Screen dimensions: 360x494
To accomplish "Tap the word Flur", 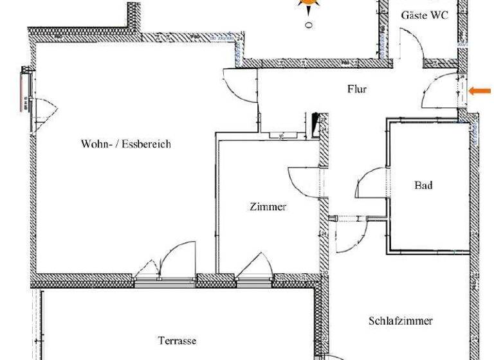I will pyautogui.click(x=356, y=89).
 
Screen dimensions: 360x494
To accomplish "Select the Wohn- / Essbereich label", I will pyautogui.click(x=126, y=144).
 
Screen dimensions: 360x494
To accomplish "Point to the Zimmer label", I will pyautogui.click(x=268, y=207).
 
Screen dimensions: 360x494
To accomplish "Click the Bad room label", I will pyautogui.click(x=423, y=186).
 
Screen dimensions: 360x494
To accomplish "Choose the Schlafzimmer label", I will pyautogui.click(x=401, y=321).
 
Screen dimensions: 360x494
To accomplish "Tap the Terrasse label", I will pyautogui.click(x=177, y=341).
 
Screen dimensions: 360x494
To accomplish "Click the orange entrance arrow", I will pyautogui.click(x=479, y=91).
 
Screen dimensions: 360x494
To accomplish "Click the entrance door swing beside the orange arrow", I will pyautogui.click(x=441, y=92).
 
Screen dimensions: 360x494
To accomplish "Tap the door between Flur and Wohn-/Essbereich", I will pyautogui.click(x=242, y=84).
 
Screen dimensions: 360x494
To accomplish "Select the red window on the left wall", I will pyautogui.click(x=23, y=90).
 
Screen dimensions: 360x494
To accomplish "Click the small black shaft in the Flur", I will pyautogui.click(x=315, y=123).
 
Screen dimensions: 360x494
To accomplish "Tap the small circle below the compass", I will pyautogui.click(x=309, y=26).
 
